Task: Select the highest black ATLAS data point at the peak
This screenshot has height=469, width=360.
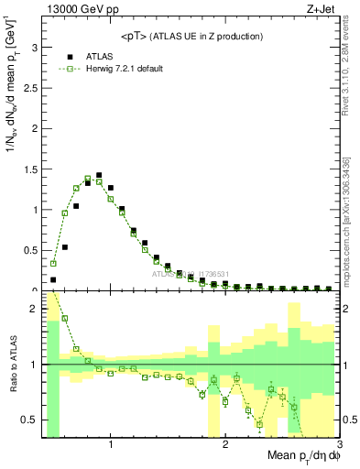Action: pyautogui.click(x=99, y=175)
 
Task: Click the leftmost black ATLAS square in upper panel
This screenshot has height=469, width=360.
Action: pyautogui.click(x=53, y=279)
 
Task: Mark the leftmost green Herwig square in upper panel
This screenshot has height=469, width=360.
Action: pyautogui.click(x=53, y=263)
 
